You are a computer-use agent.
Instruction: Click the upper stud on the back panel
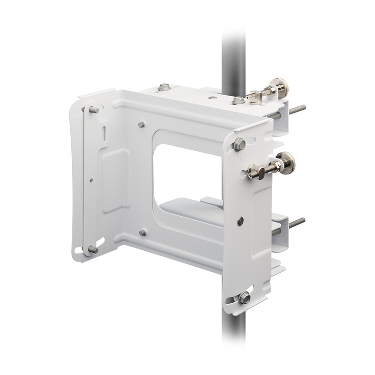142,124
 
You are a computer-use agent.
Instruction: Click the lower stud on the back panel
142,232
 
